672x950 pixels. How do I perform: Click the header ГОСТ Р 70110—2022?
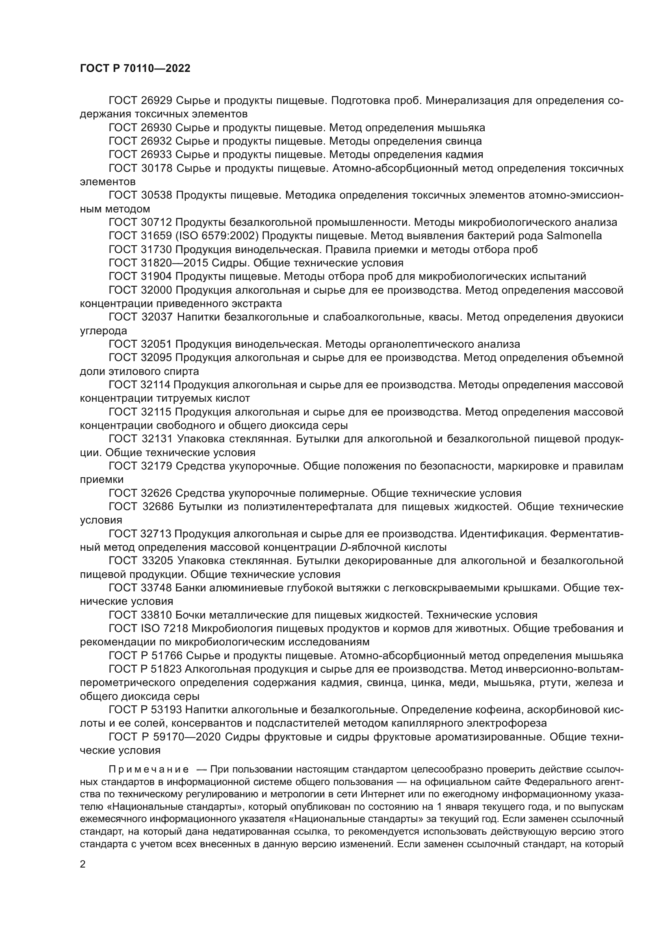[x=135, y=69]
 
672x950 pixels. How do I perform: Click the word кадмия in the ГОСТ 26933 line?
[x=464, y=155]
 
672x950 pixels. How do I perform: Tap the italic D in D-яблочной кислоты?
[x=343, y=548]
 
